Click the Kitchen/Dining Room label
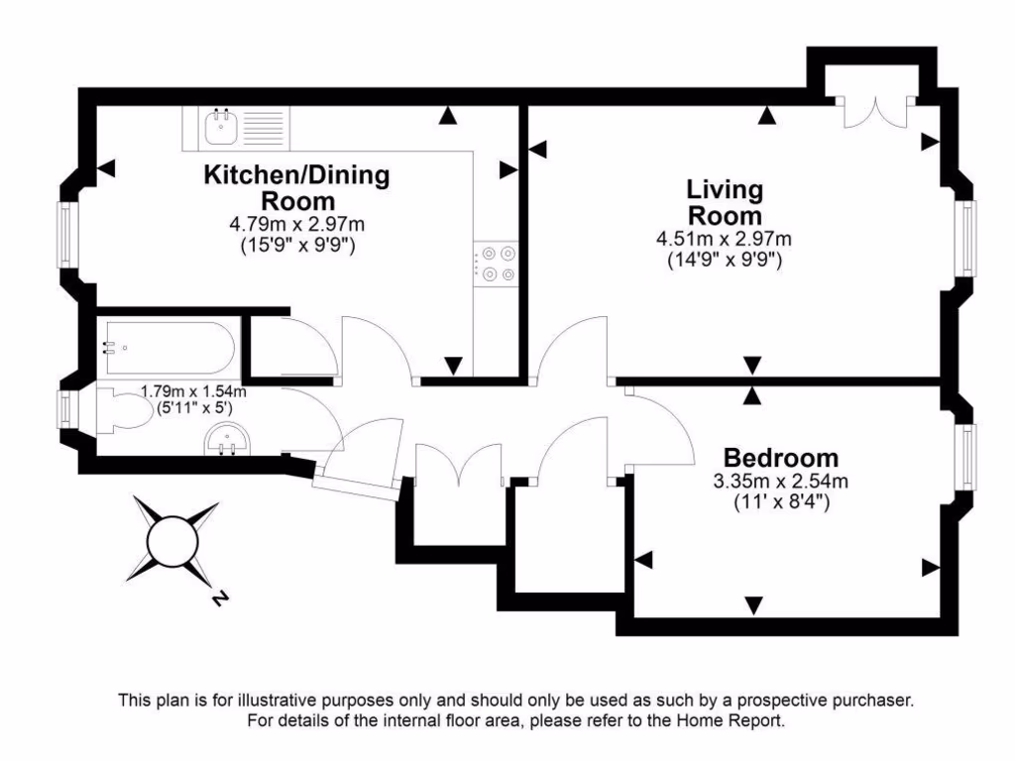296,188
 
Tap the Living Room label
725,202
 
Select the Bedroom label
780,459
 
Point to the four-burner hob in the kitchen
497,263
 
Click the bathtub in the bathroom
167,348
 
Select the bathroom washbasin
226,440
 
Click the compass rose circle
174,539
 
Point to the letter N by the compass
220,598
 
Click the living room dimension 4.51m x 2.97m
724,239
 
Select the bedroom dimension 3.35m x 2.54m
780,483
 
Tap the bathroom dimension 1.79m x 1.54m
193,391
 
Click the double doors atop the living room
872,113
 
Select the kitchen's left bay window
64,236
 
